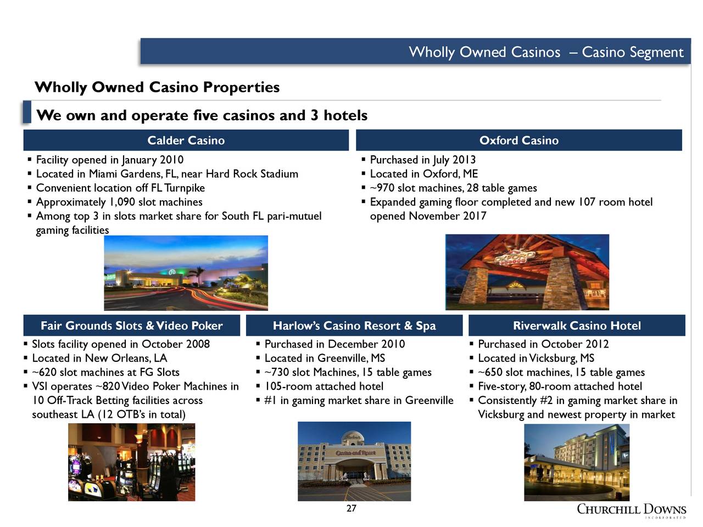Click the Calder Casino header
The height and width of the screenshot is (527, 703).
(x=186, y=140)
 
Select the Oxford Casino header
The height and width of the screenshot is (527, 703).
(x=519, y=140)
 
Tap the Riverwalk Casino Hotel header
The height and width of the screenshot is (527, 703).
(x=577, y=326)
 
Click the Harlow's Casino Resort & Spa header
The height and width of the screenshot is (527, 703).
(x=354, y=326)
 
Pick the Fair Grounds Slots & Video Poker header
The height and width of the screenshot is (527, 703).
(x=132, y=326)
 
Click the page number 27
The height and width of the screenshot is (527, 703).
(x=351, y=508)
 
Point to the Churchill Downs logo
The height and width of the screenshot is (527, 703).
(x=631, y=511)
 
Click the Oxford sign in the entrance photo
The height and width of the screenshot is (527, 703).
(x=515, y=257)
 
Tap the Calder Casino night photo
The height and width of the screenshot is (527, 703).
(x=186, y=273)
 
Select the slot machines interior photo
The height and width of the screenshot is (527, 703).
(x=132, y=462)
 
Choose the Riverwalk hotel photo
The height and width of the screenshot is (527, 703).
(x=577, y=462)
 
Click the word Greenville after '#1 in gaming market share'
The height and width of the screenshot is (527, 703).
(x=429, y=400)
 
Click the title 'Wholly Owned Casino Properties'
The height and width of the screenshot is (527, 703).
(x=157, y=87)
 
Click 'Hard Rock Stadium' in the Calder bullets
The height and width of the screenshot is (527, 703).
(x=252, y=174)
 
